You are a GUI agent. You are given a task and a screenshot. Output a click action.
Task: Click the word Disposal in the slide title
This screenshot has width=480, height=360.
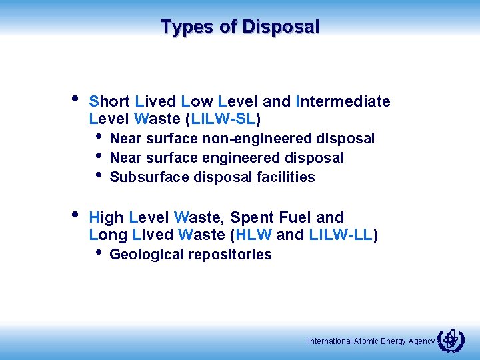point(281,27)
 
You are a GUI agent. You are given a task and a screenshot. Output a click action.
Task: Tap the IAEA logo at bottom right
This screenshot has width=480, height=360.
point(451,340)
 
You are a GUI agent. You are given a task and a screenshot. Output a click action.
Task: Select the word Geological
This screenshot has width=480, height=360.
point(147,255)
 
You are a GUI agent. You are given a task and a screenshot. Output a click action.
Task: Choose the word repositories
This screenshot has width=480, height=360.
point(230,255)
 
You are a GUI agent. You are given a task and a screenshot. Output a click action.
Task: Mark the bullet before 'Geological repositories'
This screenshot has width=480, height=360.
point(99,253)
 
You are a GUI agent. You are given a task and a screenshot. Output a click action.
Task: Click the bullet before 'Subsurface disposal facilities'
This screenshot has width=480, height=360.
point(99,175)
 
